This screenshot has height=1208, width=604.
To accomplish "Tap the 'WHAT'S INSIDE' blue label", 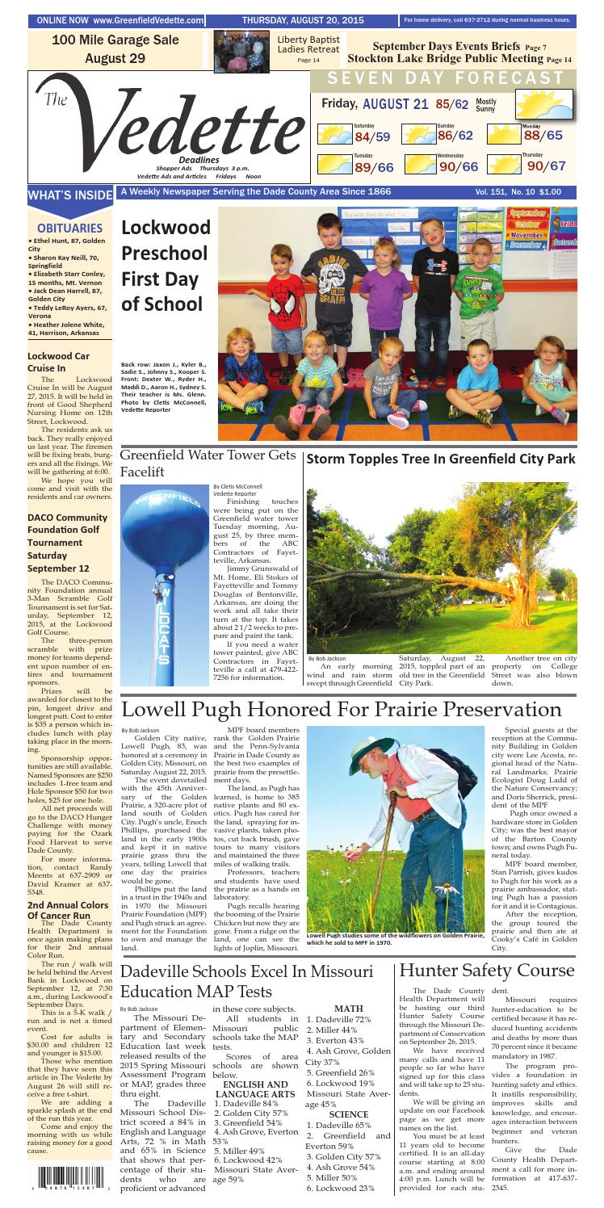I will tap(58, 195).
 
